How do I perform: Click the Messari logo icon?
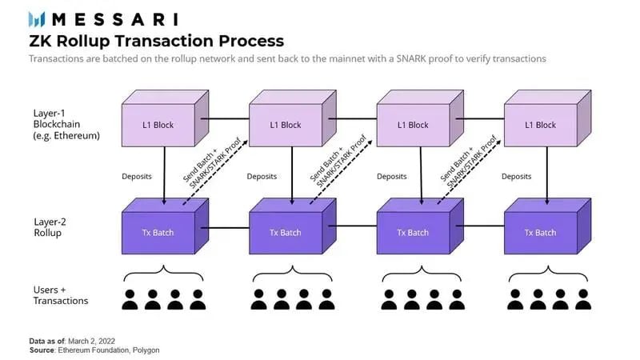pos(38,18)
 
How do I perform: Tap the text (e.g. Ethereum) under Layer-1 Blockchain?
pos(66,136)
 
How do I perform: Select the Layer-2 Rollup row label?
pos(53,227)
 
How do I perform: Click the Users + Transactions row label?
pos(61,294)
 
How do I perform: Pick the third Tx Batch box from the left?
pos(412,232)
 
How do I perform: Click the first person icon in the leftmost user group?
pos(130,299)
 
